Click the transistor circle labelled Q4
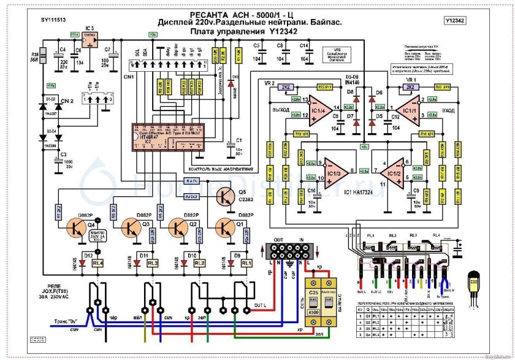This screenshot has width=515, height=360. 80,229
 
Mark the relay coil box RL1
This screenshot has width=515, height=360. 246,262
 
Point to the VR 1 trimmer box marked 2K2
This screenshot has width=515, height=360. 409,88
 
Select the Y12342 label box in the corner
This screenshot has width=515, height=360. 454,20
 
